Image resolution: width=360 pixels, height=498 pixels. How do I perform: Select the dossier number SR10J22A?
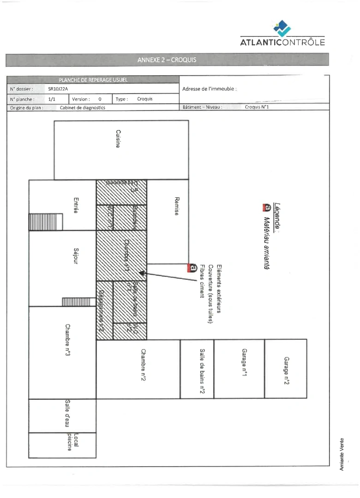(58, 89)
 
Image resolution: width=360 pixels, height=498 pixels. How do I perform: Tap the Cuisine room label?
(119, 139)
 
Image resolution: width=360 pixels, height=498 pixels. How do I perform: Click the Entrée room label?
(76, 205)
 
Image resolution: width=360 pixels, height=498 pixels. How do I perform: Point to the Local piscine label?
(73, 442)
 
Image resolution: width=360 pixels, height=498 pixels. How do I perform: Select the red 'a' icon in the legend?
(265, 208)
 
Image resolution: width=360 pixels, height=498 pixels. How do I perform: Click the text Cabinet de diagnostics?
(83, 107)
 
